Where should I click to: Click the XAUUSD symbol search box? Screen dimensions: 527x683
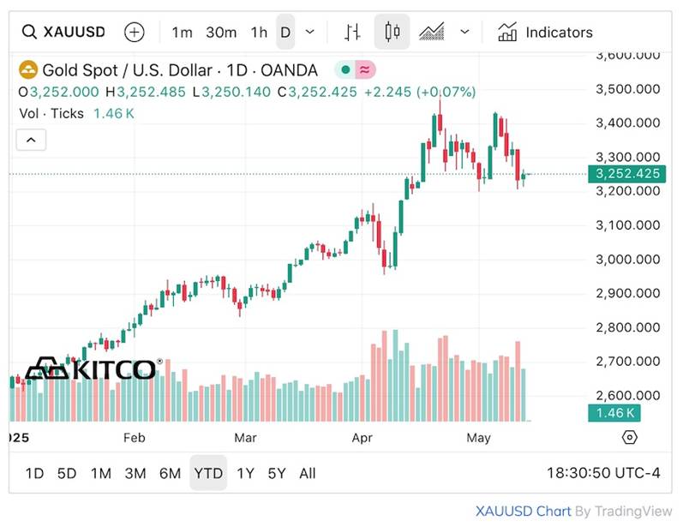pos(64,33)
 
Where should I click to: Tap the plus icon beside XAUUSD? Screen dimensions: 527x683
pos(135,33)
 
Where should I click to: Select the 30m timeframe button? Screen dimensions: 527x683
pos(221,33)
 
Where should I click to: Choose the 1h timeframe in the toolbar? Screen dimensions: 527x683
pos(259,33)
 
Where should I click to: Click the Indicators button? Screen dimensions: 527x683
pos(546,33)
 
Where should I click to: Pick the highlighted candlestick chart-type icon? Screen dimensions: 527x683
pos(392,33)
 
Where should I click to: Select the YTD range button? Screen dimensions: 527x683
pos(208,473)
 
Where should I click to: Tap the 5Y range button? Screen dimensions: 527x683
pos(277,473)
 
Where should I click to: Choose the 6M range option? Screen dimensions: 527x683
pos(170,473)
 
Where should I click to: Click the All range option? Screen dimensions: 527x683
pos(308,473)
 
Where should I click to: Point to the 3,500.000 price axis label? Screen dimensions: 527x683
pos(627,89)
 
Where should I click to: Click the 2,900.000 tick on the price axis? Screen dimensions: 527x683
pos(627,293)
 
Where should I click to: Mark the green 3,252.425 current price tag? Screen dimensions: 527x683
pos(628,174)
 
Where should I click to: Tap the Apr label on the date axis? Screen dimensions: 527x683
pos(362,438)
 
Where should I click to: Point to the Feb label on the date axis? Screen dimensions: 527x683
pos(135,438)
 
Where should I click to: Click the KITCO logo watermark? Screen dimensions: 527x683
pos(91,369)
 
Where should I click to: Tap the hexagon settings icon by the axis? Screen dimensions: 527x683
pos(630,438)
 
